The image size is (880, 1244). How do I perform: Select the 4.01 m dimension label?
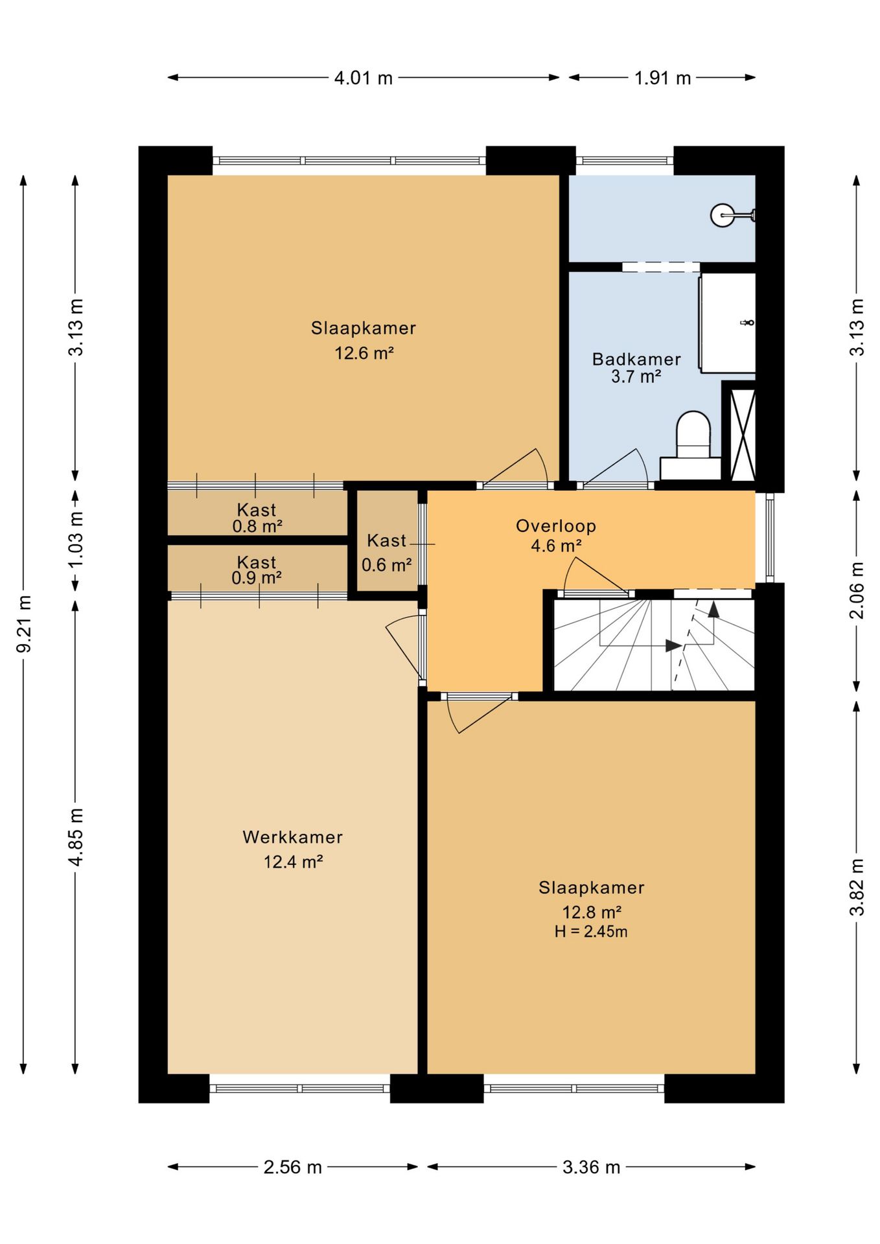[364, 78]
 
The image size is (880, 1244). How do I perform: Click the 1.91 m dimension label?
[662, 78]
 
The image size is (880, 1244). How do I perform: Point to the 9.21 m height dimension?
[24, 623]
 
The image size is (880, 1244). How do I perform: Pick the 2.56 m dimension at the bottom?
[293, 1167]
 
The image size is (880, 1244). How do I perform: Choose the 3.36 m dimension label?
[591, 1167]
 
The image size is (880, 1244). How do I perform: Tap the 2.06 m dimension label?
[857, 590]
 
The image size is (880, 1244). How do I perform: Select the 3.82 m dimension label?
[857, 887]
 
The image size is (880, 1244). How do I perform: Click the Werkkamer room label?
[293, 837]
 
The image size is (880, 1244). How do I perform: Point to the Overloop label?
[556, 526]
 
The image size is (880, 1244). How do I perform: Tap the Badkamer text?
[636, 359]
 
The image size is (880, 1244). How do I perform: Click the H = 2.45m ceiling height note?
[591, 932]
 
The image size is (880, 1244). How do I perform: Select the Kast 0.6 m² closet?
[387, 540]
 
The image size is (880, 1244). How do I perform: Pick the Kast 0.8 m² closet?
[257, 513]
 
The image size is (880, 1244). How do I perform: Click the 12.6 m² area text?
[364, 353]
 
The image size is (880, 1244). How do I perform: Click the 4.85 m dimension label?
[76, 836]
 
